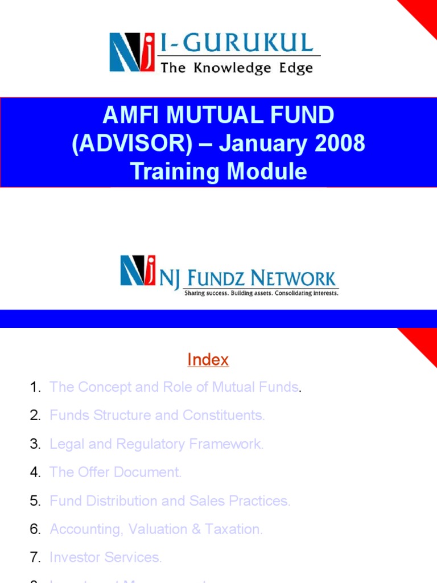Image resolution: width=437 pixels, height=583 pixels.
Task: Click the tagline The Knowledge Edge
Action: coord(237,68)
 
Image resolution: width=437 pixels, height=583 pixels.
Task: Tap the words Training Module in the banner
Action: coord(218,171)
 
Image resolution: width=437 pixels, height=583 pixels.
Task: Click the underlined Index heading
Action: coord(208,360)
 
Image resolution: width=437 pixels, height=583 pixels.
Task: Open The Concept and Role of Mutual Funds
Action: coord(174,387)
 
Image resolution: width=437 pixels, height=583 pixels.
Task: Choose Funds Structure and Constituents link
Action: coord(157,416)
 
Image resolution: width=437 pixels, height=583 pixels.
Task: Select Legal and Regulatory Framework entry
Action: coord(156,444)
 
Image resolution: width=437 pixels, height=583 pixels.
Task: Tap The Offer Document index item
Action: coord(116,473)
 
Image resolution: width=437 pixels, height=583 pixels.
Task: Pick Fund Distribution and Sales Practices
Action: coord(170,501)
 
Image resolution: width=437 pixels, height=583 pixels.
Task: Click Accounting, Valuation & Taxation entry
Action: coord(156,529)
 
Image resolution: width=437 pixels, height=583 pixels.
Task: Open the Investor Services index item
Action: coord(105,558)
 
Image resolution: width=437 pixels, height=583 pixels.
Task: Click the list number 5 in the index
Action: coord(35,501)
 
